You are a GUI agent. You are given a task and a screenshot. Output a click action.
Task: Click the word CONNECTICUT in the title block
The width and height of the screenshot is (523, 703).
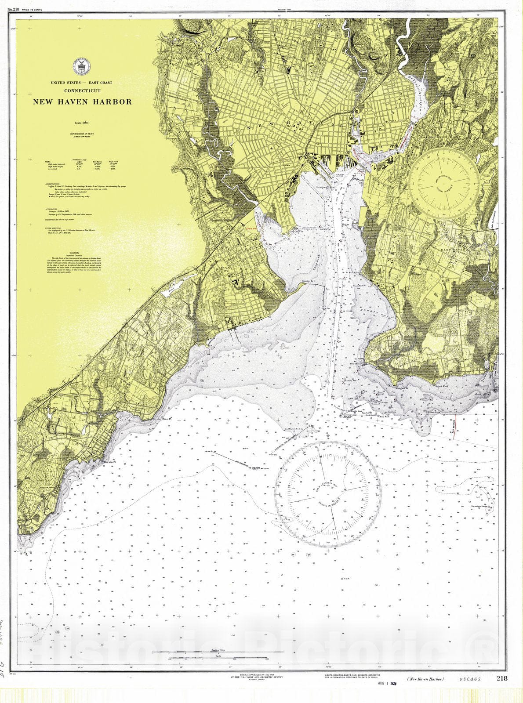pos(82,91)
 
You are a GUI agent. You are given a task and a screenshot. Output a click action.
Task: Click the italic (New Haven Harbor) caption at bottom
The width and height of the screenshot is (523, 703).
pos(425,692)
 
